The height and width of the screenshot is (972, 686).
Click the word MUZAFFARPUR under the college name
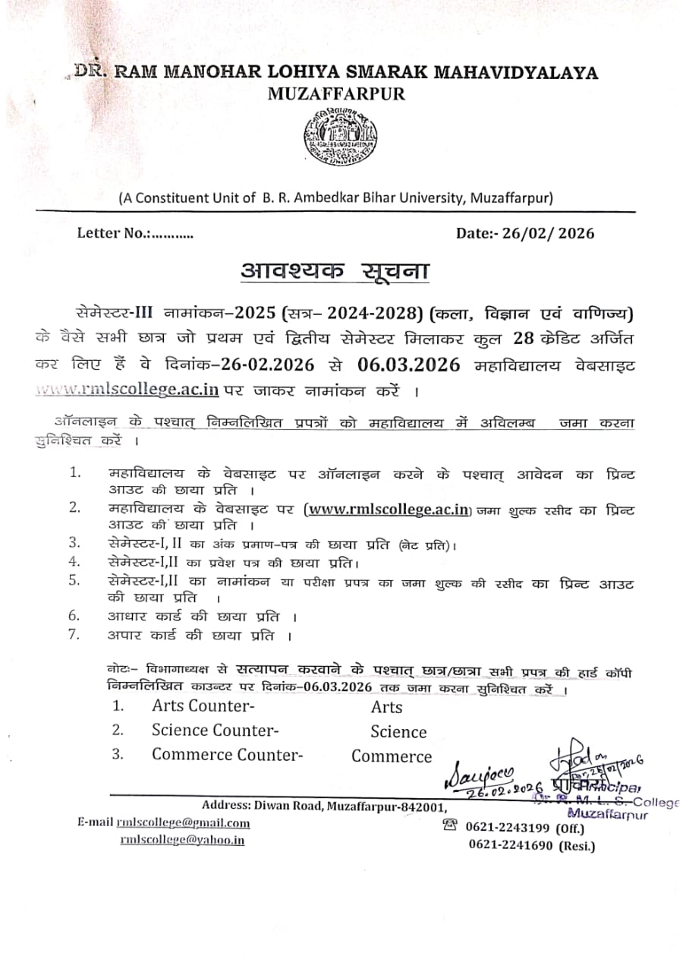point(336,95)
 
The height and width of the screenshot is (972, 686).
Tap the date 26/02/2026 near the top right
point(546,233)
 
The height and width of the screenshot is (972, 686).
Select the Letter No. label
point(114,233)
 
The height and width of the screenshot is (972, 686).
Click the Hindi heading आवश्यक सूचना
point(333,271)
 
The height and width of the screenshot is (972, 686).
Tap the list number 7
point(74,634)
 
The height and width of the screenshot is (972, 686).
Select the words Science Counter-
point(215,731)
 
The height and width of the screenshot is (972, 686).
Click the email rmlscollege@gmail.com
point(183,822)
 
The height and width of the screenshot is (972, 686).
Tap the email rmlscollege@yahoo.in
point(182,840)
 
